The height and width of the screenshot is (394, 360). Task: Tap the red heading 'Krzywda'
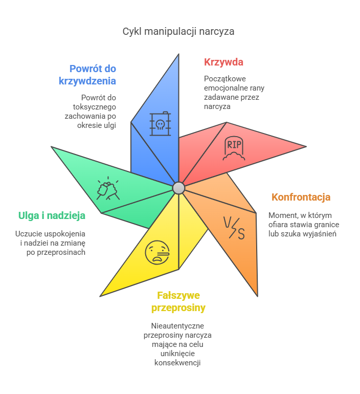pyautogui.click(x=223, y=62)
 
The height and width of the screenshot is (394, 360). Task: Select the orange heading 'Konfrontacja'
pyautogui.click(x=301, y=197)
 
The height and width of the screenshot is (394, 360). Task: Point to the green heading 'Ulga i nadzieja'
pyautogui.click(x=52, y=215)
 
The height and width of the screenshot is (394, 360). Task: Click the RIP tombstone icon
pyautogui.click(x=234, y=149)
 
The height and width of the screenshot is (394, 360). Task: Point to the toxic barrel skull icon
pyautogui.click(x=160, y=124)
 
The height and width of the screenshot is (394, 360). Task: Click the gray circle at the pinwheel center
pyautogui.click(x=178, y=188)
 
